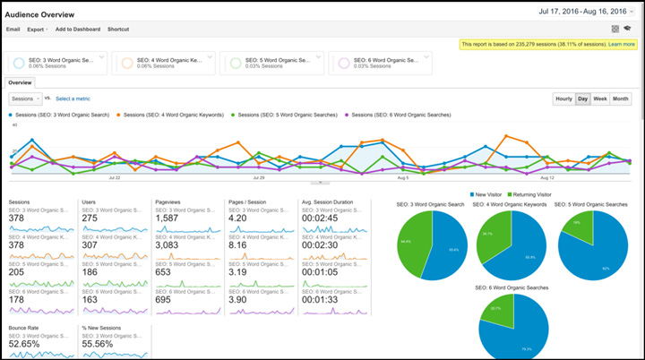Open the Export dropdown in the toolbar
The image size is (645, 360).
pyautogui.click(x=37, y=30)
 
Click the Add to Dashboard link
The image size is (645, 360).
pyautogui.click(x=78, y=30)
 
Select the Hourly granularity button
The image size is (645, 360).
pyautogui.click(x=563, y=99)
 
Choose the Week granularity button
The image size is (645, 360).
pyautogui.click(x=600, y=99)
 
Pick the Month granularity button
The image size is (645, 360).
pyautogui.click(x=621, y=99)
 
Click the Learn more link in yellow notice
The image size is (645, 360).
pyautogui.click(x=622, y=44)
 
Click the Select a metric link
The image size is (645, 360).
pyautogui.click(x=73, y=99)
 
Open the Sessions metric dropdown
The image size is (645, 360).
pyautogui.click(x=26, y=99)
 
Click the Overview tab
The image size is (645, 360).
pyautogui.click(x=21, y=81)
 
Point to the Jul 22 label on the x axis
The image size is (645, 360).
pyautogui.click(x=114, y=177)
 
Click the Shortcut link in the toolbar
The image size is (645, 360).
pyautogui.click(x=118, y=30)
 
